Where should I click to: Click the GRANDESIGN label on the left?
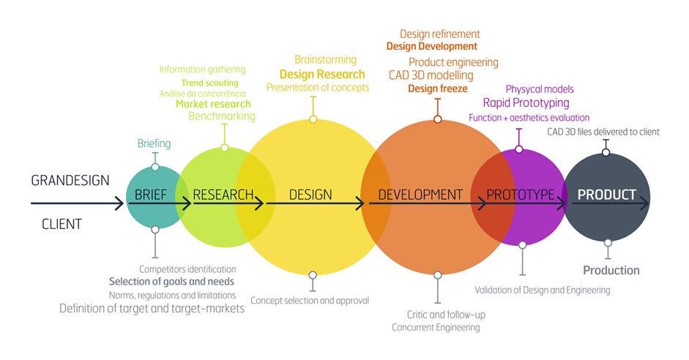[70, 180]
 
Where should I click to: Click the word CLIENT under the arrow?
[62, 224]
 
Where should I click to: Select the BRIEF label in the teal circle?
[152, 195]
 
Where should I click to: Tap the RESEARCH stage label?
[223, 195]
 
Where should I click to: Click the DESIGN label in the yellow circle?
[310, 195]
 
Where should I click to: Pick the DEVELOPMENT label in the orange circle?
[420, 195]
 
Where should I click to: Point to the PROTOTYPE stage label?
[521, 195]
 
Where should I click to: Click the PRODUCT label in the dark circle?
[606, 195]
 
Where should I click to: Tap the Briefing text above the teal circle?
[154, 143]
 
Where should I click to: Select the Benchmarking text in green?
[222, 116]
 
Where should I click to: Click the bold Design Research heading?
[322, 74]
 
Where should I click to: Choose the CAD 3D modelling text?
[431, 75]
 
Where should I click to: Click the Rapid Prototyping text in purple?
[526, 103]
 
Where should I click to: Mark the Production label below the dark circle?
[611, 270]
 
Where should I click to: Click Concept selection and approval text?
[310, 300]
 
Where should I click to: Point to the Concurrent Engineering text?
[436, 327]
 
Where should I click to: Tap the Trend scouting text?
[209, 83]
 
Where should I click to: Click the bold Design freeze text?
[438, 89]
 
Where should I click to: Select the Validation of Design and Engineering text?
[542, 290]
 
